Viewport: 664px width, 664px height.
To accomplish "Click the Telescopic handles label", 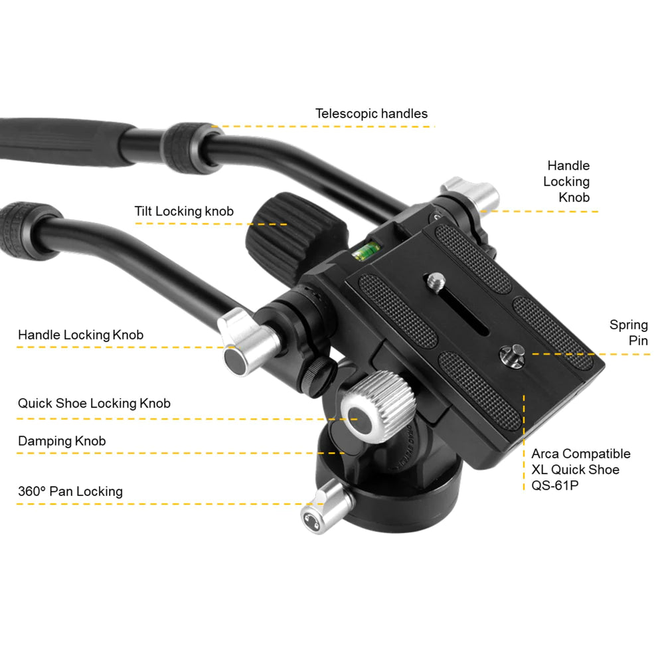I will pyautogui.click(x=371, y=114).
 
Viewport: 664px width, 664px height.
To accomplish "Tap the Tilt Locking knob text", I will pyautogui.click(x=184, y=211).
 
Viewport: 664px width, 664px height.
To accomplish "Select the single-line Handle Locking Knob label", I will pyautogui.click(x=80, y=335).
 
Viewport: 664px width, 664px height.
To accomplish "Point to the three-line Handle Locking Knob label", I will pyautogui.click(x=566, y=181).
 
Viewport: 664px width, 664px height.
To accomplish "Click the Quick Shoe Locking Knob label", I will pyautogui.click(x=94, y=403).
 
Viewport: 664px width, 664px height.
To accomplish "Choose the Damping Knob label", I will pyautogui.click(x=62, y=441).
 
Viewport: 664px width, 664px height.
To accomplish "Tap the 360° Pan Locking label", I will pyautogui.click(x=70, y=491).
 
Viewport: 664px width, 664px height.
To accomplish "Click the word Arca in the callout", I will pyautogui.click(x=545, y=454).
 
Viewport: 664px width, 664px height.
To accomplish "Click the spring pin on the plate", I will pyautogui.click(x=511, y=355).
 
